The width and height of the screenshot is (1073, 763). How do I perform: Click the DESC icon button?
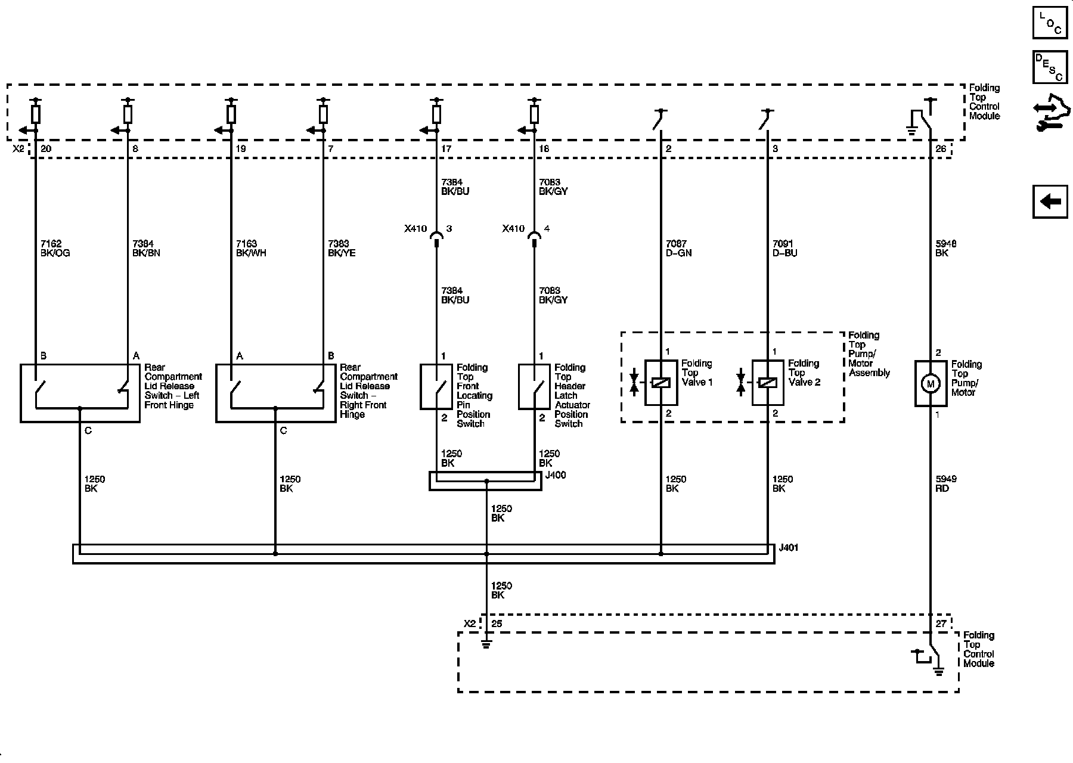click(x=1050, y=67)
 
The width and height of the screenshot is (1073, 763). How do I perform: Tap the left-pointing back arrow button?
click(x=1050, y=201)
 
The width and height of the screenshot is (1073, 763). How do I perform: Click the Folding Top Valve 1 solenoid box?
click(x=660, y=383)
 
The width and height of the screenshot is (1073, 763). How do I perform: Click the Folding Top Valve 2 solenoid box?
click(x=767, y=383)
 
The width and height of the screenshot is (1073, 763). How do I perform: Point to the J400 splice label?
click(x=555, y=475)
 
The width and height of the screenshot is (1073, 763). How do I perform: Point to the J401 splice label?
click(x=788, y=547)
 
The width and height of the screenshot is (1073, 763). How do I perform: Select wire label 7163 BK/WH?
click(x=251, y=249)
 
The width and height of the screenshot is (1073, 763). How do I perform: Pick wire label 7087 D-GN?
click(x=678, y=249)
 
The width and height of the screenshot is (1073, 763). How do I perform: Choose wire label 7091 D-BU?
click(x=784, y=249)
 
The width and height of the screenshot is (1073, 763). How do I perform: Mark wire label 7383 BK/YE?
click(x=342, y=249)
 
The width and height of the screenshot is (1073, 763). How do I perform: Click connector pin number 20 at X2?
click(x=44, y=149)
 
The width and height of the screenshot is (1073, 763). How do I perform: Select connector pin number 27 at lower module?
click(x=941, y=624)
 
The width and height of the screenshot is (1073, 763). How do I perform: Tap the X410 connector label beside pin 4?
click(x=513, y=228)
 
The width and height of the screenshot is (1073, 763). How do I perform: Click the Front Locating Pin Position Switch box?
click(x=436, y=386)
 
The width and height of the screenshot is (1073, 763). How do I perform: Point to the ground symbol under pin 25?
click(x=486, y=644)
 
